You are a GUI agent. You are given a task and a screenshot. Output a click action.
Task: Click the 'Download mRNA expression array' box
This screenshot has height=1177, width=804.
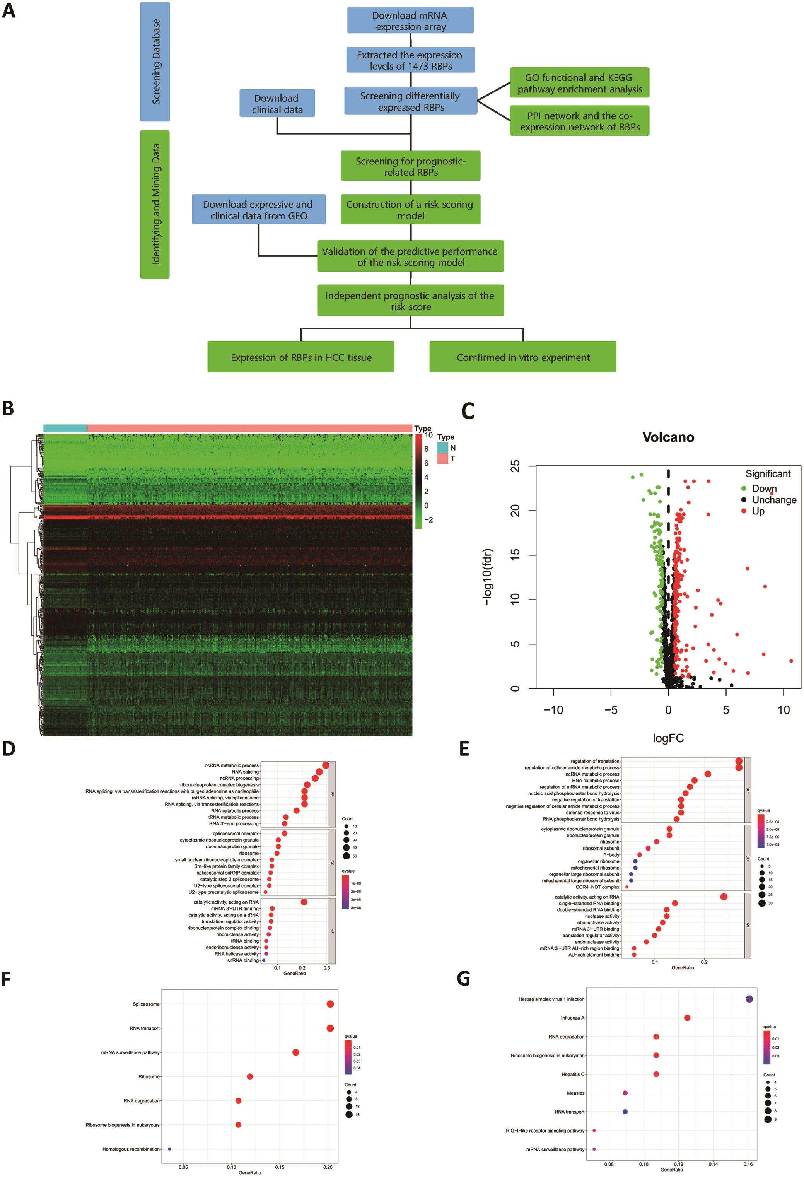[410, 21]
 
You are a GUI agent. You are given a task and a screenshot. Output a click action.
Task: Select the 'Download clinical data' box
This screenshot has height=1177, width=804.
[277, 104]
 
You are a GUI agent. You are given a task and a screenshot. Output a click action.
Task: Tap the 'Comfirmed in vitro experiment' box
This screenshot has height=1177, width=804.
[522, 357]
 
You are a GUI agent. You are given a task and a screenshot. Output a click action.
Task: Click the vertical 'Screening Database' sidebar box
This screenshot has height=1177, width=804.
[155, 62]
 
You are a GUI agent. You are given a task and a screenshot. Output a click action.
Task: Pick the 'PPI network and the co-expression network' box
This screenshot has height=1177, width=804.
[579, 121]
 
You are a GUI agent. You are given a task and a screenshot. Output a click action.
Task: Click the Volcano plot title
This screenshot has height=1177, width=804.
[668, 437]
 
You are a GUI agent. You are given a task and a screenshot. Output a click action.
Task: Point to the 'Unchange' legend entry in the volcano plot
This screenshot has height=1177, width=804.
[773, 500]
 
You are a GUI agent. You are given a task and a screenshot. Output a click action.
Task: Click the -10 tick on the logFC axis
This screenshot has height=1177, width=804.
[553, 710]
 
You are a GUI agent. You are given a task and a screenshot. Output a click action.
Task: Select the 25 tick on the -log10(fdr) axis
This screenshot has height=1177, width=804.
[515, 466]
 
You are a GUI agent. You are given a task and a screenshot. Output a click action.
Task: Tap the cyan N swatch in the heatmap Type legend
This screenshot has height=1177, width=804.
[442, 448]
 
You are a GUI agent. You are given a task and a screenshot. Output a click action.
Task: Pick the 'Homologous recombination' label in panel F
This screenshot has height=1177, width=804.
[131, 1149]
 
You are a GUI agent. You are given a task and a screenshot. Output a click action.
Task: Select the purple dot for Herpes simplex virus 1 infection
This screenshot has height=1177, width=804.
[749, 999]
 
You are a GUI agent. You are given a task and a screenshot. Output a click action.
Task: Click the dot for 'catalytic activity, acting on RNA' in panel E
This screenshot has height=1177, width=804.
[724, 897]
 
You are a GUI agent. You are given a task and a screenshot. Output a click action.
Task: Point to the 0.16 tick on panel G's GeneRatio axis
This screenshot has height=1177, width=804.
[748, 1164]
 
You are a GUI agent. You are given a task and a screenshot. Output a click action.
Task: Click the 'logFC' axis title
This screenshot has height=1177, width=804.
[668, 738]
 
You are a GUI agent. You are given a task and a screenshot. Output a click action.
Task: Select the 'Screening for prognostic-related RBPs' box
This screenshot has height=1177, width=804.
[410, 166]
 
